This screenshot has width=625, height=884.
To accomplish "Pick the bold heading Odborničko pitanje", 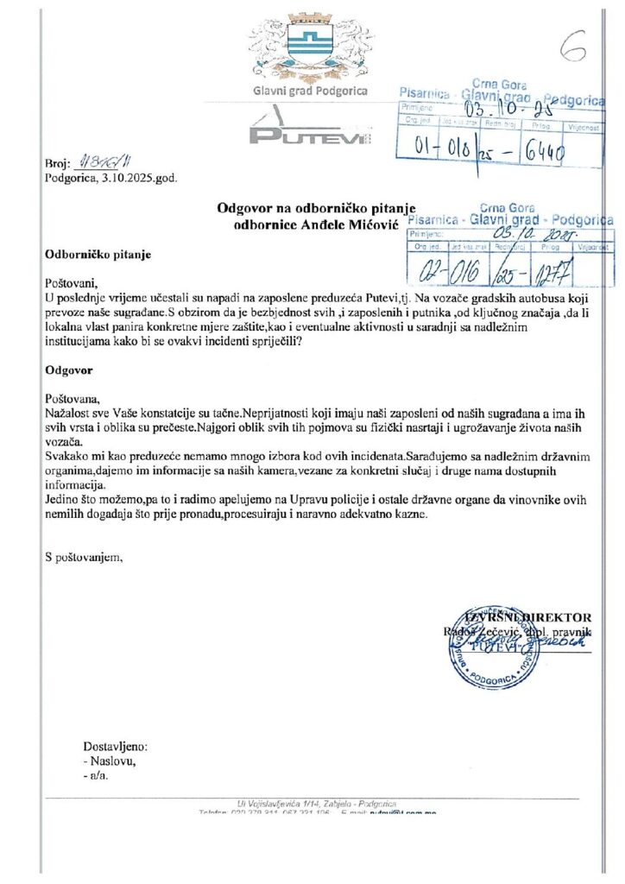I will (x=98, y=255).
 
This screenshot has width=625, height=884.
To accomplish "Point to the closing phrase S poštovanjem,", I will (x=85, y=556).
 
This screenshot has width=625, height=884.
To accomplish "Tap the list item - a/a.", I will (x=96, y=775).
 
